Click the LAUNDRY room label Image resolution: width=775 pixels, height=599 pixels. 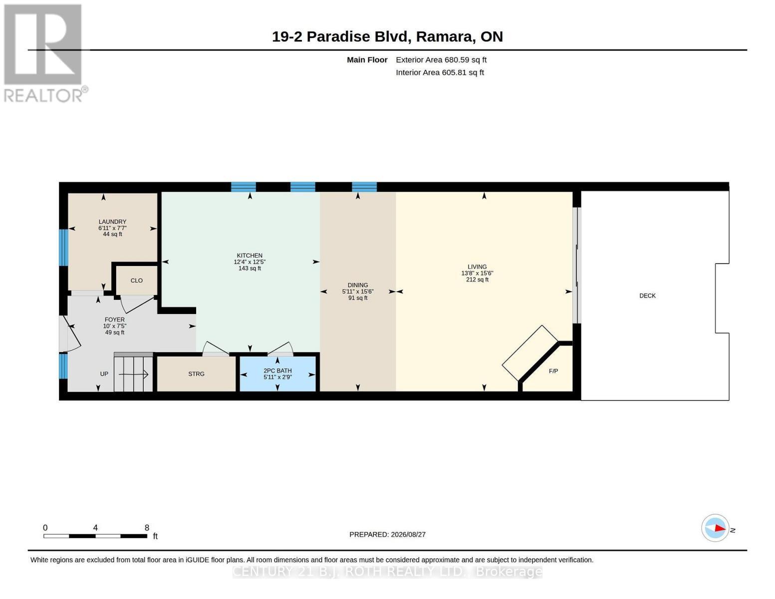[x=112, y=222]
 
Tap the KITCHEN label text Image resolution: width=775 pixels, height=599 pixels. [x=250, y=256]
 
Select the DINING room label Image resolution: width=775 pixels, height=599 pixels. [x=358, y=285]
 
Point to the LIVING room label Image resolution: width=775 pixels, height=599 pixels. [x=477, y=267]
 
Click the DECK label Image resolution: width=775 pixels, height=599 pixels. [x=647, y=296]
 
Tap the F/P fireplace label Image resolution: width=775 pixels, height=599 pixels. [x=553, y=371]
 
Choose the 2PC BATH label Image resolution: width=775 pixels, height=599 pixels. [x=277, y=371]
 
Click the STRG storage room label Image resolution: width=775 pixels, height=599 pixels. [x=196, y=374]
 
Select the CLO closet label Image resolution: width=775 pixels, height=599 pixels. [x=137, y=281]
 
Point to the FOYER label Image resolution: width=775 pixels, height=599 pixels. [x=114, y=319]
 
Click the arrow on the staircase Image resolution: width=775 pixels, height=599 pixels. [x=133, y=374]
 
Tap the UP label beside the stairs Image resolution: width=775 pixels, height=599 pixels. [x=104, y=374]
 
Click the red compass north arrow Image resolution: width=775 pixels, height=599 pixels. [x=720, y=528]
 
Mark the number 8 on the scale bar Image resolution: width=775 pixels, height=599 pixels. [x=147, y=528]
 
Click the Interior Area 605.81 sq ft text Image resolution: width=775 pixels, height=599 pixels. [x=440, y=72]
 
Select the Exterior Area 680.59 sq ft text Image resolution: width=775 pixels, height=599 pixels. [x=441, y=60]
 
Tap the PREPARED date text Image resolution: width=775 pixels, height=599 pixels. [x=387, y=535]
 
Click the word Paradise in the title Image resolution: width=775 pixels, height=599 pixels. [x=338, y=37]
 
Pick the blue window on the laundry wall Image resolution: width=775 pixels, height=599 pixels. [x=63, y=247]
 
